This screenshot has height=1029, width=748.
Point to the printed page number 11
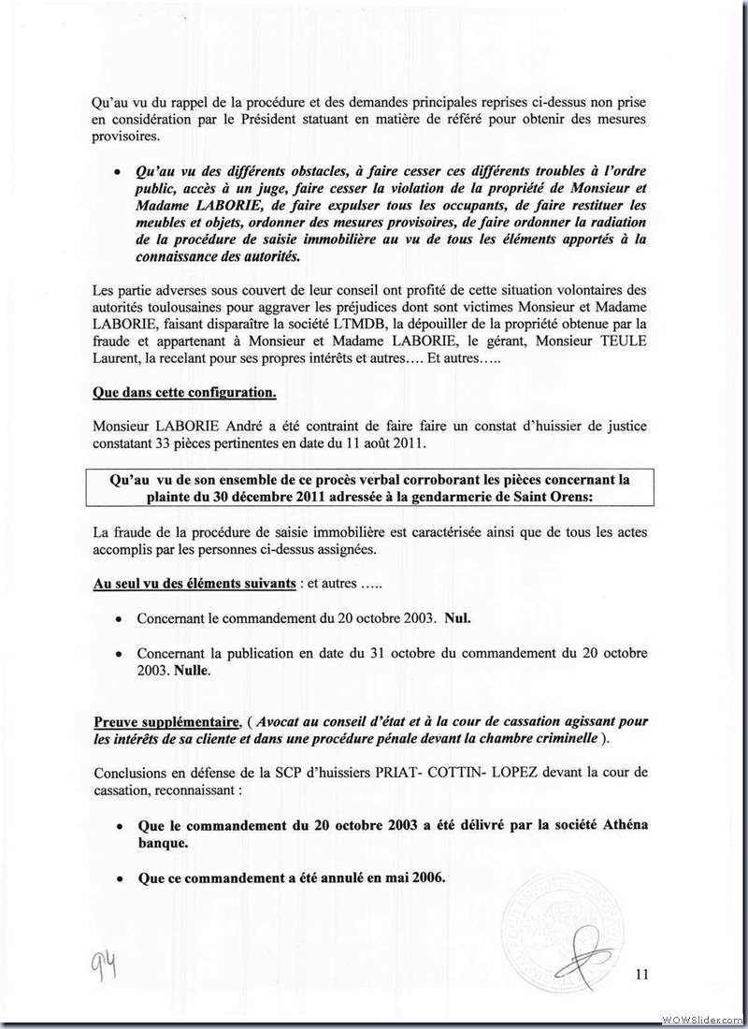point(640,975)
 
